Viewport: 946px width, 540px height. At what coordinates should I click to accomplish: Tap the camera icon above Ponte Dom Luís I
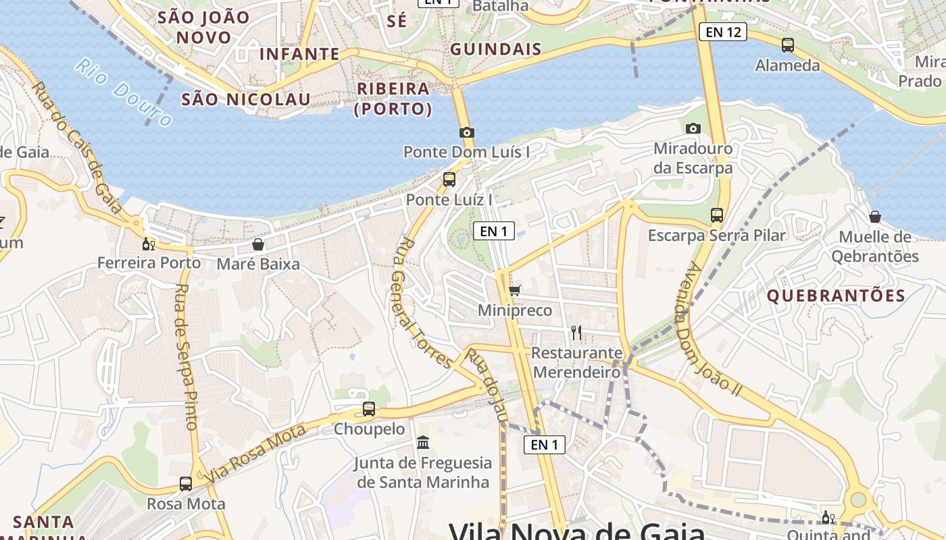pos(466,132)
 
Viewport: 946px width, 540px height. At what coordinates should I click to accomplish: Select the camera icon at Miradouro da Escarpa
pos(693,128)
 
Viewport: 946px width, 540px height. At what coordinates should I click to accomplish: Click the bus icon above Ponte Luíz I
pos(449,180)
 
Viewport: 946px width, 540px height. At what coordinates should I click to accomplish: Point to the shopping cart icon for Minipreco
pos(515,291)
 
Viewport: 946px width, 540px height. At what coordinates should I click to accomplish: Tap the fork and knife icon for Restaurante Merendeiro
pos(576,332)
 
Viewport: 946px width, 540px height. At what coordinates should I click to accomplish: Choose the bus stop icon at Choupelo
pos(368,408)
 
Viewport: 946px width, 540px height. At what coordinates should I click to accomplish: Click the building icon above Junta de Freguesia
pos(424,443)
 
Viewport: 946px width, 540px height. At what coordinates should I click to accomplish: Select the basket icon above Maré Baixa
pos(257,244)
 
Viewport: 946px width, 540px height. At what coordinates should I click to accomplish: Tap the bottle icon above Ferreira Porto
pos(148,243)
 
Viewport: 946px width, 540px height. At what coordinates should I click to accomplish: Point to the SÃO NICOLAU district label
pos(246,99)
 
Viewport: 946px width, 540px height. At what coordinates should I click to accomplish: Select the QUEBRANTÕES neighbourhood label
pos(836,296)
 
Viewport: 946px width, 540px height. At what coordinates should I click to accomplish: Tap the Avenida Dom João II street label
pos(712,328)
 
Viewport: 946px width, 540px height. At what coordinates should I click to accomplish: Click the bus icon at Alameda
pos(787,45)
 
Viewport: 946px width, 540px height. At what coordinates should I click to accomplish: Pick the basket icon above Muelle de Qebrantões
pos(874,217)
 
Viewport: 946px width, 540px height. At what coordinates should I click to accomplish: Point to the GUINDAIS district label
pos(495,49)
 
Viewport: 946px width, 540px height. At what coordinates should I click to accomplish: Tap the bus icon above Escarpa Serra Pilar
pos(717,215)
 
